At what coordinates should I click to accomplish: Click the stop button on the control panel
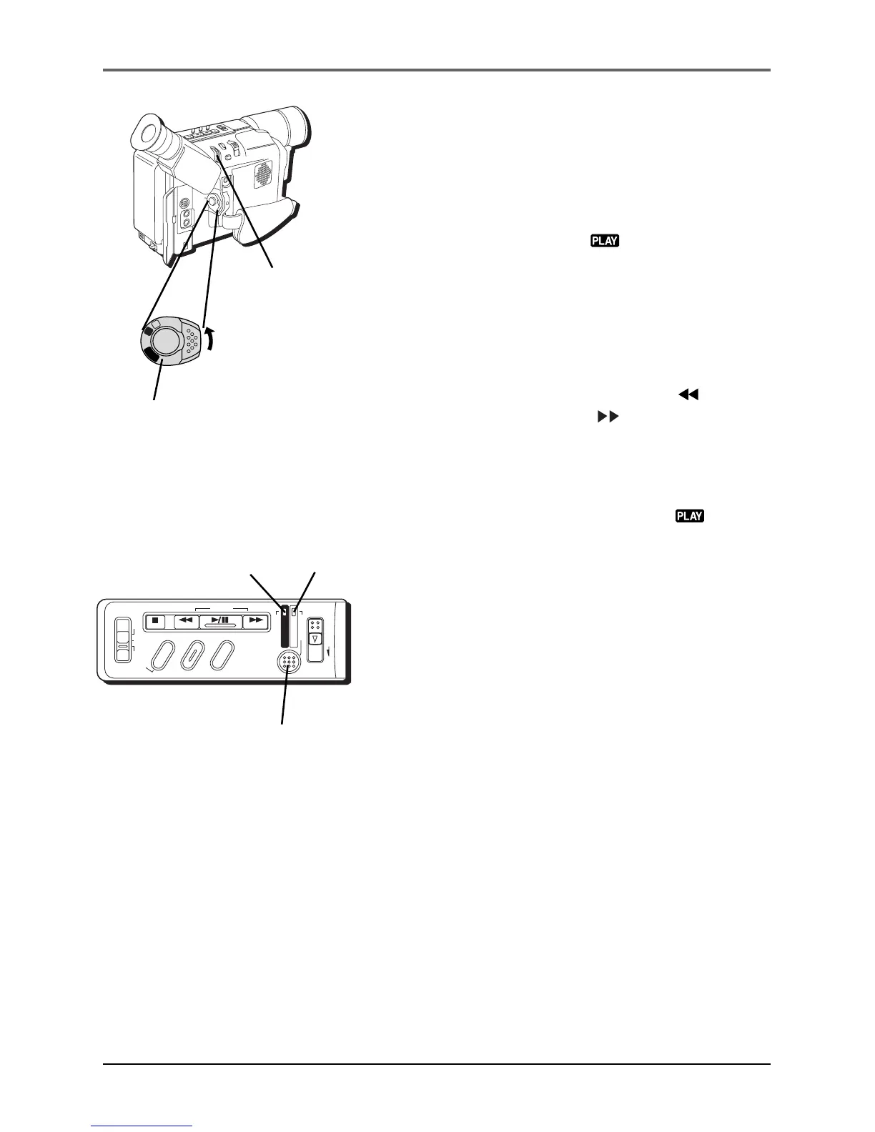click(154, 621)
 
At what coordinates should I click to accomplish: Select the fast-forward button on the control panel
click(255, 621)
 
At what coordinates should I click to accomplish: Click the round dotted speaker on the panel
click(289, 662)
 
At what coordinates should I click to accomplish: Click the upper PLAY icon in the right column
click(604, 241)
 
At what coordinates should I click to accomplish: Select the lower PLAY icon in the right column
click(690, 515)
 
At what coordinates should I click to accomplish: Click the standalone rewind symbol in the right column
click(687, 394)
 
